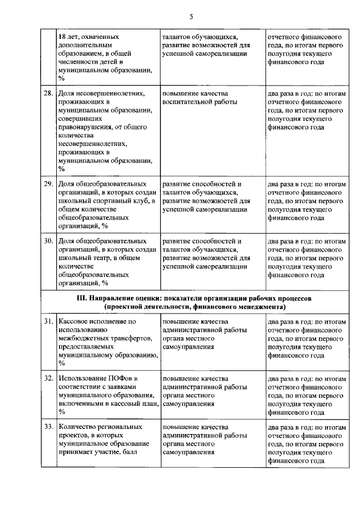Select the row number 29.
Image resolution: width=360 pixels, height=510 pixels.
[x=49, y=184]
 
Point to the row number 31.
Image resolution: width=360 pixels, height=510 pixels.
[x=49, y=321]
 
